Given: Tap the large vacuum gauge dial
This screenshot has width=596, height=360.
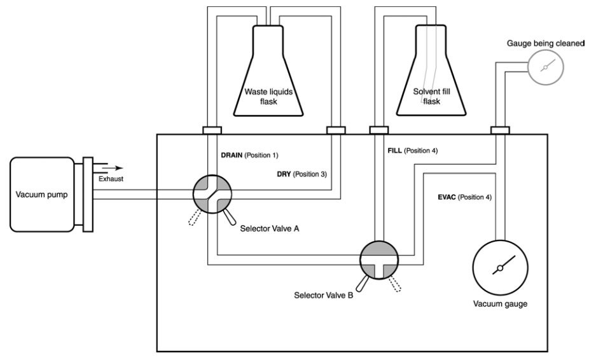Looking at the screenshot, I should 500,267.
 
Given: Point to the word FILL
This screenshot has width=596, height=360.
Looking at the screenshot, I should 395,151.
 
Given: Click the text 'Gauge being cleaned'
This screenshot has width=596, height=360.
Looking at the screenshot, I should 545,43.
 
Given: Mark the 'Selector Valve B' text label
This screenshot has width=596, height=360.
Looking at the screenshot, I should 324,295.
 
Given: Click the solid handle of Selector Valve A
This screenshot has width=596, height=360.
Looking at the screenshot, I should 228,218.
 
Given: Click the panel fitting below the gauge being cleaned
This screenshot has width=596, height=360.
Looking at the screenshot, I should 499,130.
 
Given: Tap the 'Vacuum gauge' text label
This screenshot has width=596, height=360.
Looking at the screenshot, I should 500,303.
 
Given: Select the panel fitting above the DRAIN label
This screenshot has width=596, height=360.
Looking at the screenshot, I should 212,130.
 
